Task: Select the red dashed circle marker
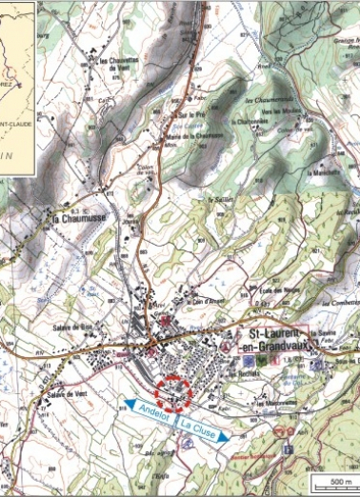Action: click(x=174, y=390)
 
